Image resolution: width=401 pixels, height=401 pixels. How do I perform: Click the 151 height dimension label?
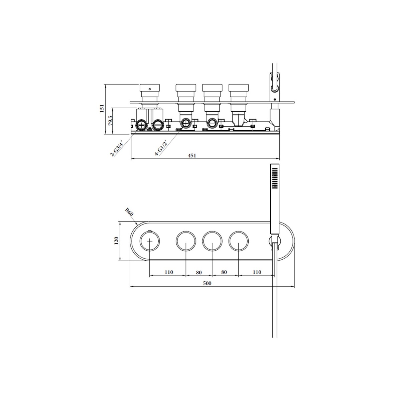[x=102, y=108]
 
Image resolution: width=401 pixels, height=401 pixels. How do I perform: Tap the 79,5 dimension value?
[x=111, y=121]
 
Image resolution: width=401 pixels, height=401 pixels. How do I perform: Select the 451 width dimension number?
[x=192, y=155]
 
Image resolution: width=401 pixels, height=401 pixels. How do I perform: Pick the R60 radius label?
[x=129, y=212]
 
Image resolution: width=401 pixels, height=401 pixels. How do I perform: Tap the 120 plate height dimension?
[x=116, y=241]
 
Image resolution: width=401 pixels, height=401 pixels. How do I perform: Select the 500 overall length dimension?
[x=207, y=283]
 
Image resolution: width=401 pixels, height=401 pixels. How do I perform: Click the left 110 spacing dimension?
[x=169, y=272]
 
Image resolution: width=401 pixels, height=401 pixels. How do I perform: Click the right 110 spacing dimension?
[x=257, y=272]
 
